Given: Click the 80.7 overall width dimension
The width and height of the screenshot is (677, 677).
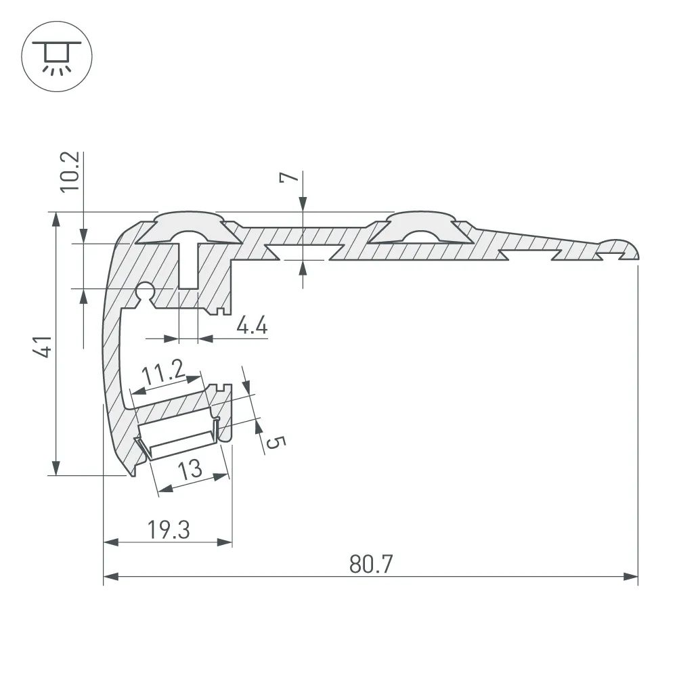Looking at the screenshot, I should point(371,563).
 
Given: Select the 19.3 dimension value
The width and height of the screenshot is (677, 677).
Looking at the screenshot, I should point(169,530).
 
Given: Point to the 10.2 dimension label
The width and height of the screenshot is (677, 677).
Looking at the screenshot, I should point(72,172).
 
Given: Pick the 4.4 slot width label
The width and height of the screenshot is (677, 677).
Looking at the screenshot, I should point(252,327).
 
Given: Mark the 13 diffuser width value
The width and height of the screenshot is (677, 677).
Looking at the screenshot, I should point(192,468).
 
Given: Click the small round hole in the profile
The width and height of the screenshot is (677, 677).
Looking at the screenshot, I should point(144,292).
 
